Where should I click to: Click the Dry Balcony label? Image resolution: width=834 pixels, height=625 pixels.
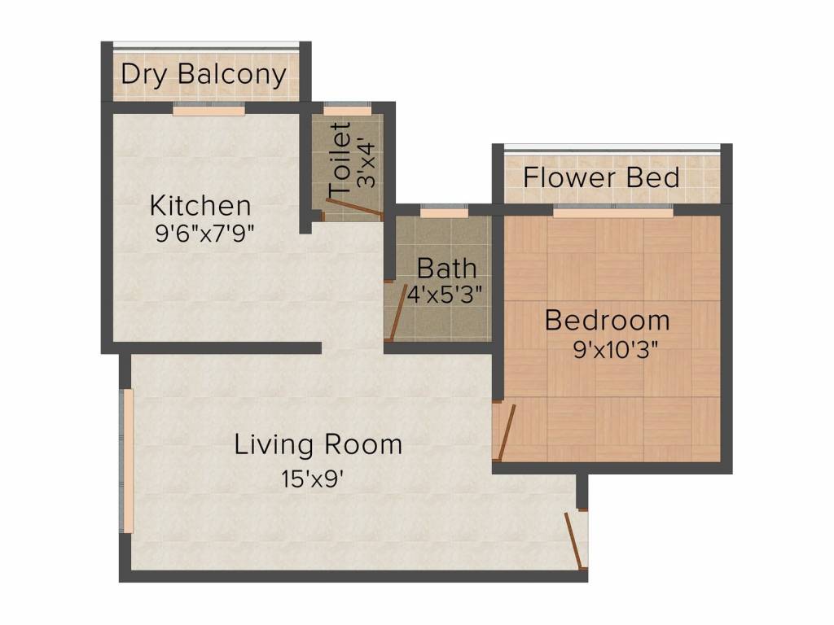(x=204, y=74)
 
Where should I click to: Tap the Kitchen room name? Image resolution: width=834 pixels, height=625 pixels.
(x=200, y=206)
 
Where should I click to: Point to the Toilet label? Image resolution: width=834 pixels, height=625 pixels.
(x=340, y=159)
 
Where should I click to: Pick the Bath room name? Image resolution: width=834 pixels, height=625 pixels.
(x=446, y=269)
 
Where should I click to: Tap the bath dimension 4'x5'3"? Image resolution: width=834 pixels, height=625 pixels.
(x=446, y=294)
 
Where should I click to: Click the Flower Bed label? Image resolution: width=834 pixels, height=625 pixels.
(x=602, y=177)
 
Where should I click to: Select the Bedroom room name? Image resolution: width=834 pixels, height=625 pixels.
(x=608, y=321)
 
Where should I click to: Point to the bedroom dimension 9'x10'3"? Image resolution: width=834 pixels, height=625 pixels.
(x=616, y=349)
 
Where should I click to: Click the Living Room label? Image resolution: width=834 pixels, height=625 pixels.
(x=318, y=444)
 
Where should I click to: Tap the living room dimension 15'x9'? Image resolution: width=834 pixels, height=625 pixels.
(x=312, y=479)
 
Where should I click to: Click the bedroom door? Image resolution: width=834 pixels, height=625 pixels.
(x=506, y=432)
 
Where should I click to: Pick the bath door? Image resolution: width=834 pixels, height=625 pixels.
(x=397, y=314)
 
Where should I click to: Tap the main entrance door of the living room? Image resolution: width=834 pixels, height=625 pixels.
(x=576, y=540)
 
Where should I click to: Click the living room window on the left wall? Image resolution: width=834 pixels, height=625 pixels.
(x=127, y=461)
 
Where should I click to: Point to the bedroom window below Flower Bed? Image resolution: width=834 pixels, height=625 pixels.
(x=613, y=212)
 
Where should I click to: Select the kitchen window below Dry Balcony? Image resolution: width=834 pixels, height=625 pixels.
(x=209, y=110)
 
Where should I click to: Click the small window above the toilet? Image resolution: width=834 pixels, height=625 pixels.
(x=347, y=110)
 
